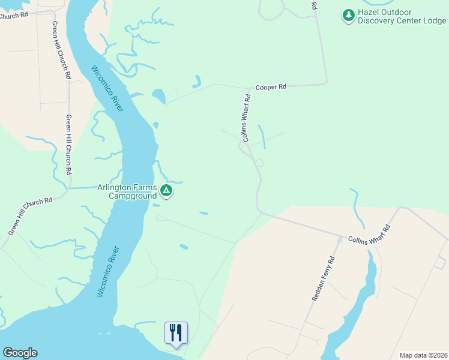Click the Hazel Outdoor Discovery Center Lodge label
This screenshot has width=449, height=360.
pos(402,16)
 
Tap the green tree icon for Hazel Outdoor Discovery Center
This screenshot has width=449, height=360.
pos(348,16)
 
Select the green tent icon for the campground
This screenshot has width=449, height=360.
pos(166,192)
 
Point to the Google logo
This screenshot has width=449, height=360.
pos(20,353)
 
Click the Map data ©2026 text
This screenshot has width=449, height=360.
pos(423,355)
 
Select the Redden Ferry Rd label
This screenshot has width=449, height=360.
pos(323,279)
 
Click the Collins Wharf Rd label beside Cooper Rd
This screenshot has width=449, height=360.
pos(245,118)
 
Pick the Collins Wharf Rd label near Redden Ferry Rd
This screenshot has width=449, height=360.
pos(369,235)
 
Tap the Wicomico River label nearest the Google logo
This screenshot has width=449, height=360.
pos(109,272)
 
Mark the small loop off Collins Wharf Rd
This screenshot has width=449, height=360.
pos(259,163)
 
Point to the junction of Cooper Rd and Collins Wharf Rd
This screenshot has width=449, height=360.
pos(250,88)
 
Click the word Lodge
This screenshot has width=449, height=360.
pos(433,20)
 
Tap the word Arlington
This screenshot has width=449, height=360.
pos(115,187)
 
